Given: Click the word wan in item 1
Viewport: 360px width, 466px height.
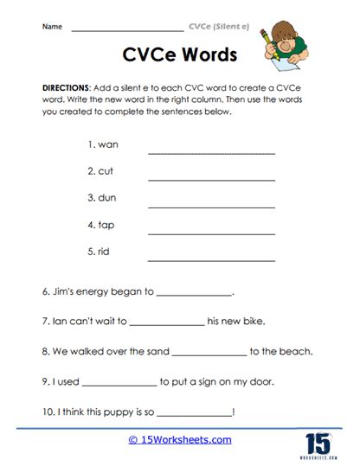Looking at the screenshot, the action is click(108, 144).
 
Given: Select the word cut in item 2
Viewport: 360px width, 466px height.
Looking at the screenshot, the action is click(106, 171).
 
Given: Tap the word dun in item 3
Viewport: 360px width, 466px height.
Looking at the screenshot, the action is click(107, 198).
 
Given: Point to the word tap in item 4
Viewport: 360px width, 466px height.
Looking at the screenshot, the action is click(106, 225).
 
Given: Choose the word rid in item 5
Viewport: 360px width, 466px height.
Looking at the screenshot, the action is click(106, 252).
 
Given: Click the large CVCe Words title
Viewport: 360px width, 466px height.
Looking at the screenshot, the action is click(175, 56).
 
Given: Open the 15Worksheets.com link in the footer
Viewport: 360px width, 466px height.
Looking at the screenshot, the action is click(180, 439).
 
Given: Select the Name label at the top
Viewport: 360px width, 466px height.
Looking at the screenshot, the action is click(51, 27).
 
